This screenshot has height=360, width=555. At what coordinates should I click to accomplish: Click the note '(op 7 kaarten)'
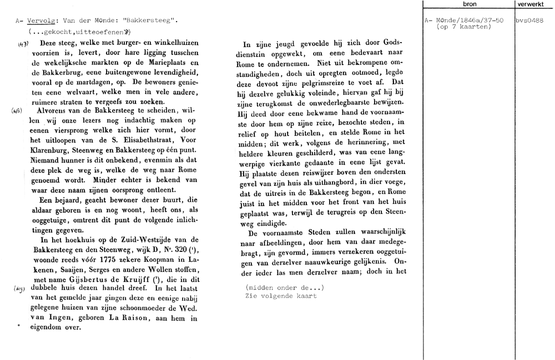tap(462, 27)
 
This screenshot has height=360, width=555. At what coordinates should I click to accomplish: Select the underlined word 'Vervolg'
tap(39, 21)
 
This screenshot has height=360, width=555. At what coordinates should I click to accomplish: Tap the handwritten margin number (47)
tap(23, 44)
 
